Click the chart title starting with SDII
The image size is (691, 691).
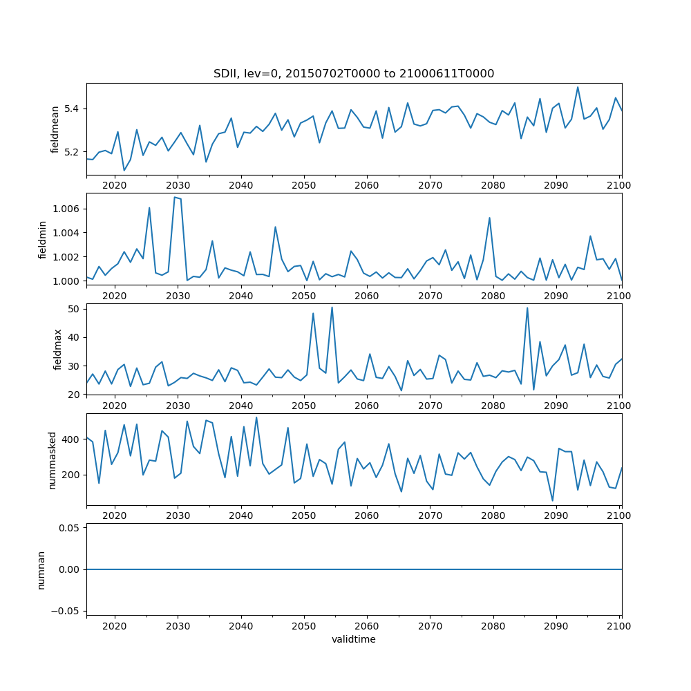(354, 74)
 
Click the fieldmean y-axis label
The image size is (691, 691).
(55, 129)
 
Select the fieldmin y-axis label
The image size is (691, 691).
(43, 239)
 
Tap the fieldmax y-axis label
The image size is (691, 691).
(58, 350)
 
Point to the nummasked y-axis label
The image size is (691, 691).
(53, 460)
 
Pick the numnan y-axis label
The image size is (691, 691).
(41, 569)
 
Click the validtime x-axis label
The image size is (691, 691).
(354, 640)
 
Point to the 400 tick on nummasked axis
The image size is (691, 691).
(73, 439)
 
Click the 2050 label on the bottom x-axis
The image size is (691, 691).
(303, 626)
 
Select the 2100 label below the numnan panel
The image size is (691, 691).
(619, 626)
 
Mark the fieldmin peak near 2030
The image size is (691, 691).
(175, 198)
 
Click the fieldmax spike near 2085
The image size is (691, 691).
(527, 308)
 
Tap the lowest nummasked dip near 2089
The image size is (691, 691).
(552, 501)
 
